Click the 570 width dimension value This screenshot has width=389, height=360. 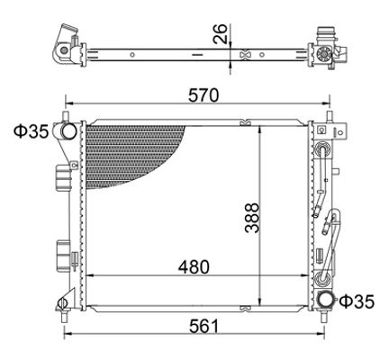tap(204, 95)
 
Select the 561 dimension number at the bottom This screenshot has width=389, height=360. tap(204, 327)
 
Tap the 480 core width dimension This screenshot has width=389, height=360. tap(194, 266)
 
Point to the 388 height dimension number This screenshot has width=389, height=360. tap(251, 218)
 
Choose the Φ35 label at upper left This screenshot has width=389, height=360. tap(31, 131)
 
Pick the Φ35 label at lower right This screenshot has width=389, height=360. tap(357, 301)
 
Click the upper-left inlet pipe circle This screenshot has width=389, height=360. tap(68, 131)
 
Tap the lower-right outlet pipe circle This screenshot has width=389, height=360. tap(326, 301)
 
